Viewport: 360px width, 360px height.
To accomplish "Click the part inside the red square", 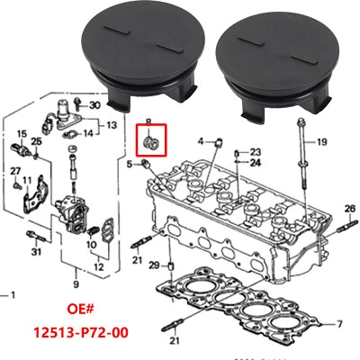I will pos(151,145).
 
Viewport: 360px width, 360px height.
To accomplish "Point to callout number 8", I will pos(148,121).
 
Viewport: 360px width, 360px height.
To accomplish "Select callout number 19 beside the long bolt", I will pos(321,141).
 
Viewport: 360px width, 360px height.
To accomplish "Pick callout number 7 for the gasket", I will pos(339,321).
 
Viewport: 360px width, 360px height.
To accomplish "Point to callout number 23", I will pos(255,152).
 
